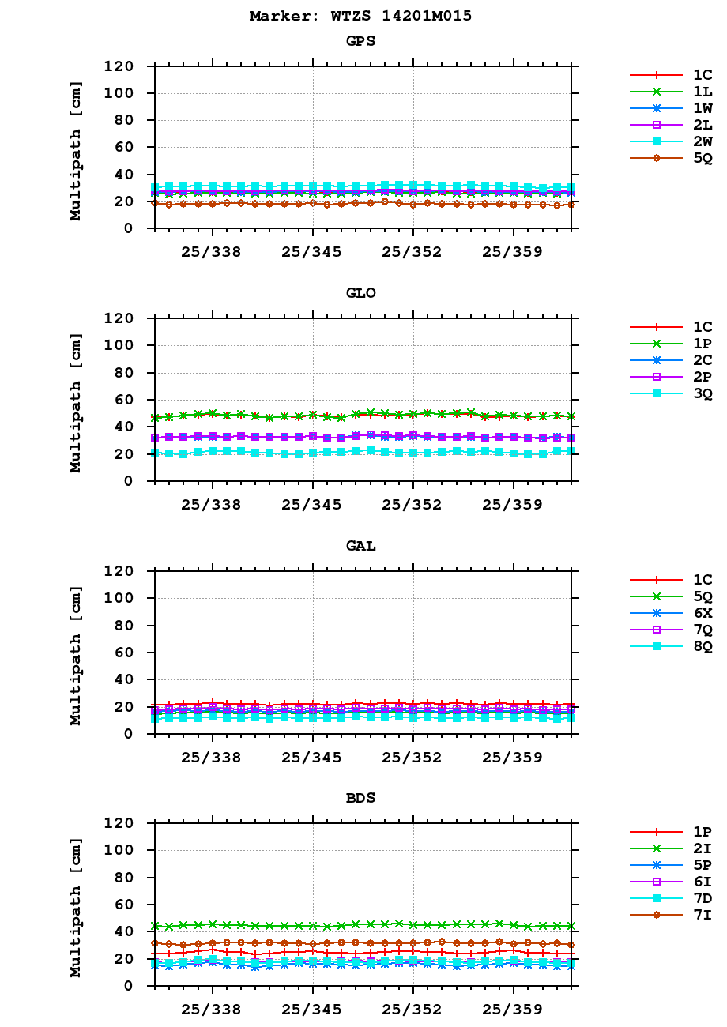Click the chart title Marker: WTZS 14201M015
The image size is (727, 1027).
click(360, 16)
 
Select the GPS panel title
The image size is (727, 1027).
click(360, 41)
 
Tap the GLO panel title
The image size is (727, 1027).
click(360, 293)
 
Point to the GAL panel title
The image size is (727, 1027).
click(360, 546)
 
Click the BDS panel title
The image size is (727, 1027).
click(360, 798)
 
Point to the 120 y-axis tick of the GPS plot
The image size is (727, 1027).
click(122, 66)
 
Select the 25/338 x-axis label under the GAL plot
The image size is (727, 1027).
click(212, 758)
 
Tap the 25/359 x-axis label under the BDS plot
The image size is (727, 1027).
click(513, 1010)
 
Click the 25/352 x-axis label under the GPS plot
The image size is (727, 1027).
click(412, 253)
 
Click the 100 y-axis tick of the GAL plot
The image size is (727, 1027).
click(122, 598)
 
